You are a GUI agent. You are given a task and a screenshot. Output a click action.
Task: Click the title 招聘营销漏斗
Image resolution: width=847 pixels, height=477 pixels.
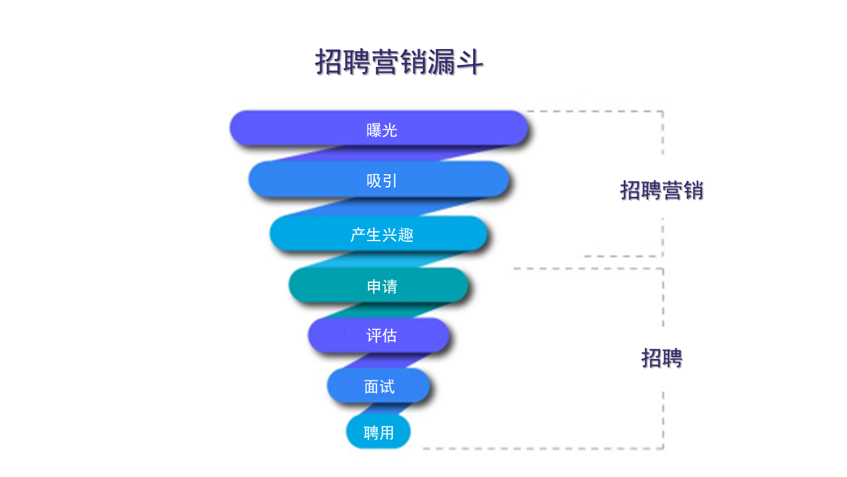coord(399,63)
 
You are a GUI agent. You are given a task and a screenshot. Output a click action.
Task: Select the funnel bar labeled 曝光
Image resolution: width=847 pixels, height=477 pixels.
coord(379,128)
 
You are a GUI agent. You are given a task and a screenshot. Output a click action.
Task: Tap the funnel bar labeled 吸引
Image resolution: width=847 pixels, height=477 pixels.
coord(379,179)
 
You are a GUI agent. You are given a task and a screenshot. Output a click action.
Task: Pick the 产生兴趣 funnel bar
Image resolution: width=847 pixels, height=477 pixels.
coord(379,233)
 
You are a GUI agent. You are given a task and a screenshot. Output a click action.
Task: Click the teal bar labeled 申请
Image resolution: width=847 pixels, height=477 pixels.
coord(379,286)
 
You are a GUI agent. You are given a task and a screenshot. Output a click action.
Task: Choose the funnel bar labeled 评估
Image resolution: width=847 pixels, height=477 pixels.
coord(379,335)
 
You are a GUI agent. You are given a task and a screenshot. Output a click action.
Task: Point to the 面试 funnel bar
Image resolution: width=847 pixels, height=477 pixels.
coord(379,386)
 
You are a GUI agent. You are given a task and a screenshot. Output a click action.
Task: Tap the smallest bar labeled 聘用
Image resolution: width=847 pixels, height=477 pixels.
coord(379,432)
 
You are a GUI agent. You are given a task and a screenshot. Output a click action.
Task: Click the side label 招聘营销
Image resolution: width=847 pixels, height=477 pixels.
coord(661,190)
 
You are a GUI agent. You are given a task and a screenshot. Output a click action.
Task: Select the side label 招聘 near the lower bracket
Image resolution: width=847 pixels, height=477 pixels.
coord(661,358)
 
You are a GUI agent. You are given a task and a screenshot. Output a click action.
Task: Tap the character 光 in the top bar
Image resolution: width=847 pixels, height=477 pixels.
coord(390,130)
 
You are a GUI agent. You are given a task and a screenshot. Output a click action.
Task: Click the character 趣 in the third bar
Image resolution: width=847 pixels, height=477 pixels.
coord(406,235)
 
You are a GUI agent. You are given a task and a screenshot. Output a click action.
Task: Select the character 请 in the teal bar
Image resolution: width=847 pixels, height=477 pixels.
coord(390,287)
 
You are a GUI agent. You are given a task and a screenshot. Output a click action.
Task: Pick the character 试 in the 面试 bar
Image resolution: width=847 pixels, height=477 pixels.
coord(387,387)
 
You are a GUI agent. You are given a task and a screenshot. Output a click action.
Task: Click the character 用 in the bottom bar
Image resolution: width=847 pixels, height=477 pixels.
coord(386,433)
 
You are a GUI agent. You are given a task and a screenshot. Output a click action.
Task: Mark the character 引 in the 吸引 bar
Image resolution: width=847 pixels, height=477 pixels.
coord(390,181)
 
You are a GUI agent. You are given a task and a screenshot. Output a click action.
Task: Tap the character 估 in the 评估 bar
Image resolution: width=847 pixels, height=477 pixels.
coord(389,336)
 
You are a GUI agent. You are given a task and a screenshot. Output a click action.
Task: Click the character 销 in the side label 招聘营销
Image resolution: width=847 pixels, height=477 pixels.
coord(693,190)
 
